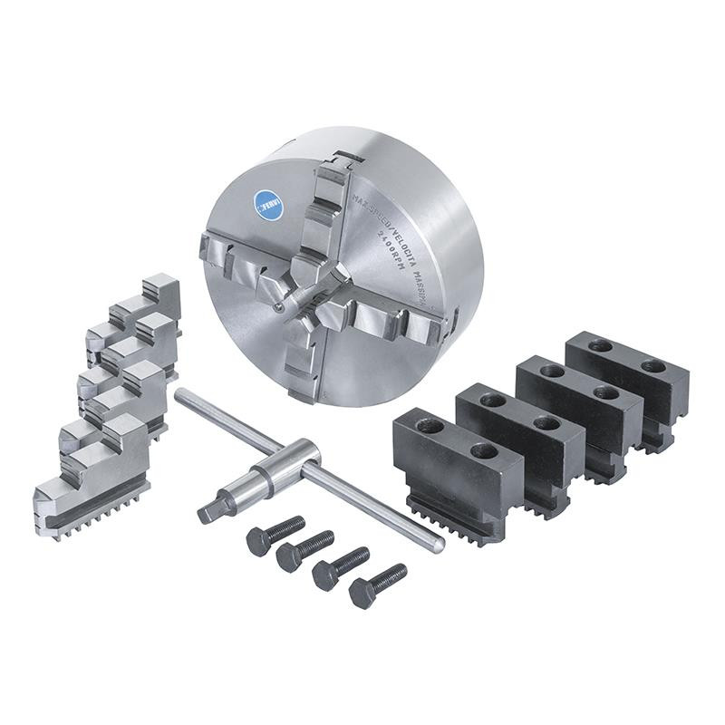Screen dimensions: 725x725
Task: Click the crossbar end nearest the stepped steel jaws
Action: tap(180, 395)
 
